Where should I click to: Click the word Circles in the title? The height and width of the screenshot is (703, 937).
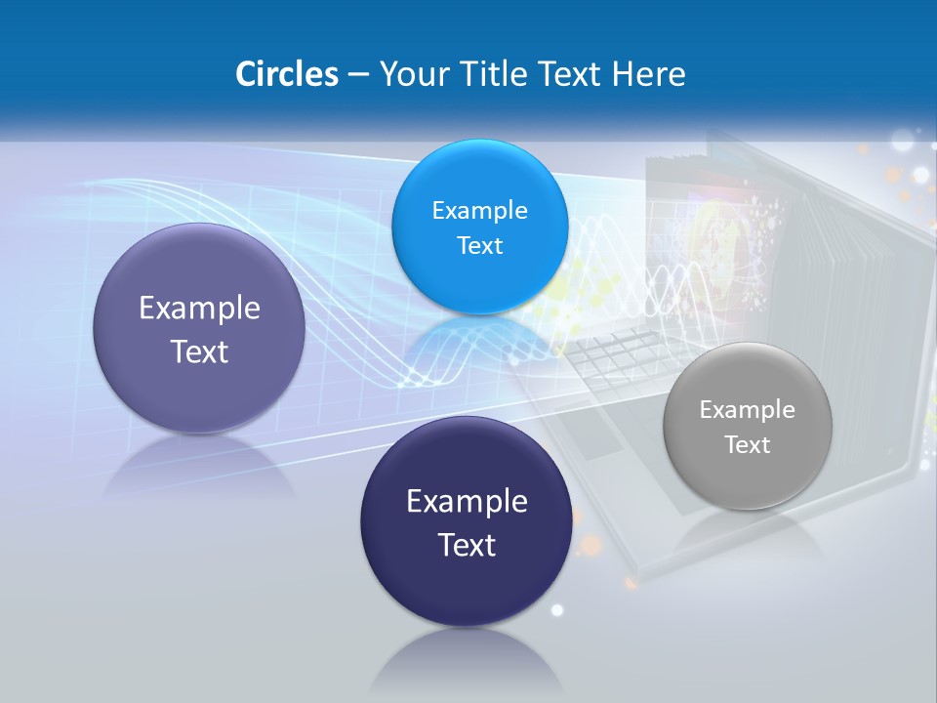pos(287,74)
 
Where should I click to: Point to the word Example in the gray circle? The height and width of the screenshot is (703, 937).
pos(748,410)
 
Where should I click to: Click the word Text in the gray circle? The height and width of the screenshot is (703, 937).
pos(748,445)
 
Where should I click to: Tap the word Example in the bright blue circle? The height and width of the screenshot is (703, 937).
pos(479,211)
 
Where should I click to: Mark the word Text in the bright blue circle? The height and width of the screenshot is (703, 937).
pos(479,246)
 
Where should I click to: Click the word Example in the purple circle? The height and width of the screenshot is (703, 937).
pos(199,309)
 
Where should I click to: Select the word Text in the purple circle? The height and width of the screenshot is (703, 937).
pos(199,351)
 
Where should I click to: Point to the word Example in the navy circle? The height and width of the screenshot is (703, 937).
pos(467,502)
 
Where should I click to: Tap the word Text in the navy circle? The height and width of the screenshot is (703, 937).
pos(467,545)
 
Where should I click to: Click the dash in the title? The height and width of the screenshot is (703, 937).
pos(358,74)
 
